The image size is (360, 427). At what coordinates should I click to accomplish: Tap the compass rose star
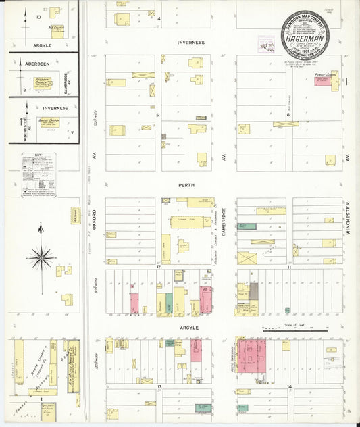pos(41,257)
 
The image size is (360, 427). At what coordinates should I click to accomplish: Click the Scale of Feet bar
pos(294,331)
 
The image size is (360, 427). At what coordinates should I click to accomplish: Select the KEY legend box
pos(38,175)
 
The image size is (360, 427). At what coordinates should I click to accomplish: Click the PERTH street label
pos(186,185)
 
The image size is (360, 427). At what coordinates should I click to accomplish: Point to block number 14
pos(289,387)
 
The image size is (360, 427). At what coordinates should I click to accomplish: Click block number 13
pos(159,387)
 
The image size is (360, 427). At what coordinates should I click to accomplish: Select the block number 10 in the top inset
pos(38,15)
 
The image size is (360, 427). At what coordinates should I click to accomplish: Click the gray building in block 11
pos(254,291)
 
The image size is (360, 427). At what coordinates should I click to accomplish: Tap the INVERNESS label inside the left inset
pos(54,107)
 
